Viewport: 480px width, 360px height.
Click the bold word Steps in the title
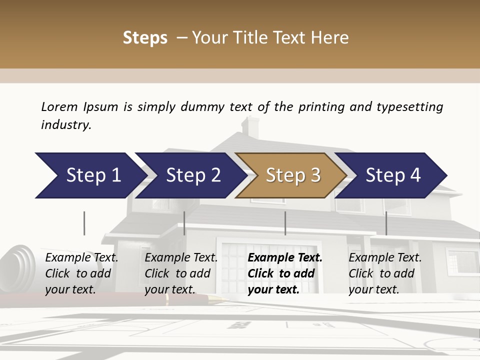click(145, 37)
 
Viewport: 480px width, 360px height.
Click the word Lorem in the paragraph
click(59, 106)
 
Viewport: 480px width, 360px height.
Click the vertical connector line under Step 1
click(84, 223)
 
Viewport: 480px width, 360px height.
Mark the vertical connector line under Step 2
click(184, 223)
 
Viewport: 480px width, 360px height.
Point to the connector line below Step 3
click(285, 223)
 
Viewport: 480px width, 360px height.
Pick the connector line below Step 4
click(386, 223)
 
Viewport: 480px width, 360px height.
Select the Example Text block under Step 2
click(181, 273)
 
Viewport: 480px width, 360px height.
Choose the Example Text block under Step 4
click(385, 273)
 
